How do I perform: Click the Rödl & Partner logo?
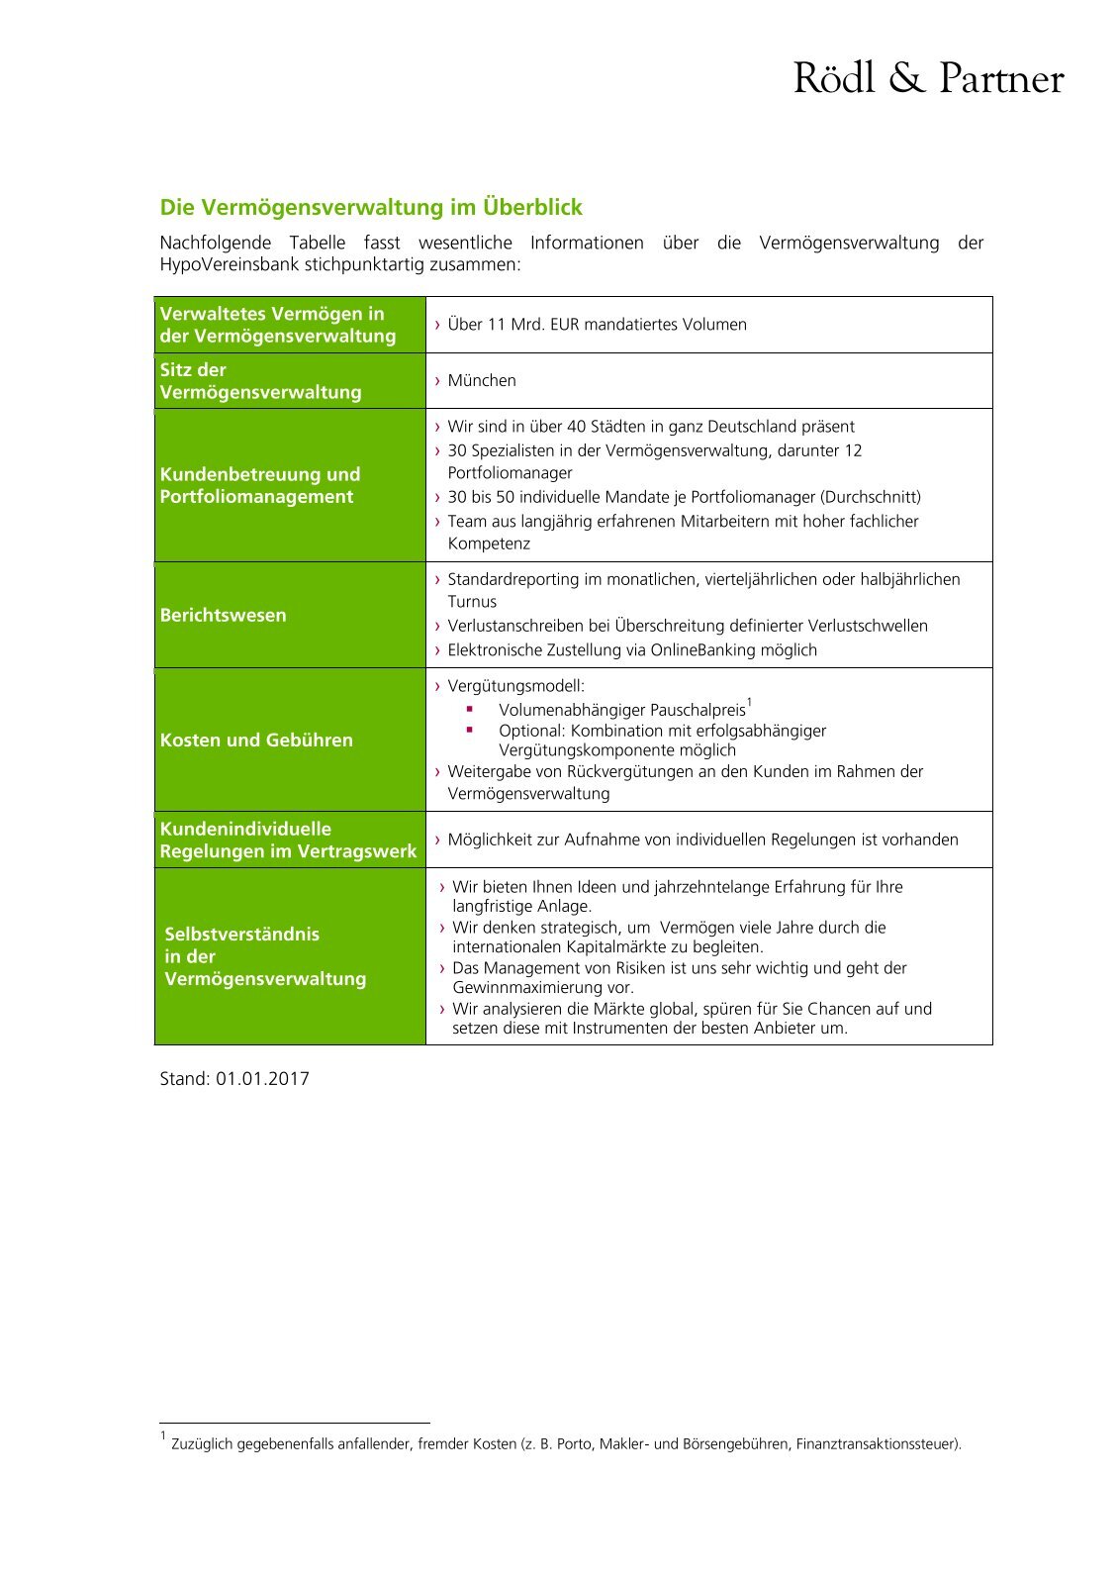pos(928,78)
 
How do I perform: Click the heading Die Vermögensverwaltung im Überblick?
pos(371,208)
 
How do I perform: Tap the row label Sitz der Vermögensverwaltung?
pos(261,381)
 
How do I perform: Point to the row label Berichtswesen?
pos(224,616)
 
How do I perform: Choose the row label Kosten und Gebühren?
pos(256,741)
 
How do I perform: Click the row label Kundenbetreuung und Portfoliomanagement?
pos(260,486)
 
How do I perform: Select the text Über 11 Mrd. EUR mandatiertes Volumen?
pos(597,325)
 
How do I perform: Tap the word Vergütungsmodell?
pos(515,686)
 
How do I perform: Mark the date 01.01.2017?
pos(262,1079)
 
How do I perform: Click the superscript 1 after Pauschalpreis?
pos(750,704)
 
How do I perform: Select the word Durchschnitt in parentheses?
pos(871,498)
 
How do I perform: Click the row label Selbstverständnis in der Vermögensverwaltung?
pos(265,957)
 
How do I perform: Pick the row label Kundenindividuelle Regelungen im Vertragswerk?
pos(288,840)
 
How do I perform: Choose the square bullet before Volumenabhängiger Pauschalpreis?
pos(470,710)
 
